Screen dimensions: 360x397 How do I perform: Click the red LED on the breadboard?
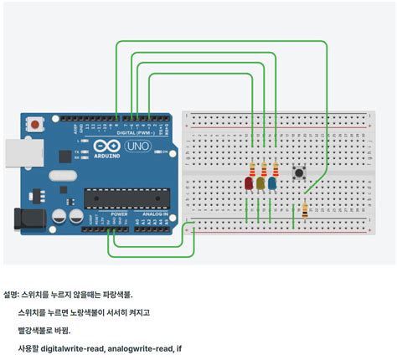[x=249, y=183]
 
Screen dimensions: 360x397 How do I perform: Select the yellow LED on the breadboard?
[x=260, y=183]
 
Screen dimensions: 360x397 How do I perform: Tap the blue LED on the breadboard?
[x=272, y=183]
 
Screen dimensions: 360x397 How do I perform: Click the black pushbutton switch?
[x=297, y=173]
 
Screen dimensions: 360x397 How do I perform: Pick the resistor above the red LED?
[x=253, y=167]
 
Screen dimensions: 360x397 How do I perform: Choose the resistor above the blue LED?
[x=275, y=167]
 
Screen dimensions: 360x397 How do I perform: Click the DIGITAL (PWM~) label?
[x=136, y=131]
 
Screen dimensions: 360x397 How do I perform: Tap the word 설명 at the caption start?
[x=11, y=295]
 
